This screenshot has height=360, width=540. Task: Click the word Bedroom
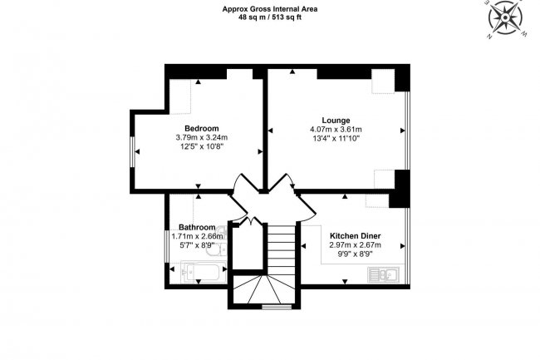tap(201, 128)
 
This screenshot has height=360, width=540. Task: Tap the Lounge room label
tap(336, 120)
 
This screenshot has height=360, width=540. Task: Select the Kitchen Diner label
tap(355, 235)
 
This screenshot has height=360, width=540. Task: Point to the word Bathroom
tap(197, 228)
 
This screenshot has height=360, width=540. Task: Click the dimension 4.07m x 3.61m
tap(336, 130)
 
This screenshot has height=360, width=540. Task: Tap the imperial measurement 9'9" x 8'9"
tap(355, 255)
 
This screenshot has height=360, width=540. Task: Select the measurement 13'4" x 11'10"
tap(336, 139)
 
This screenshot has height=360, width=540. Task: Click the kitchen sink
tap(385, 272)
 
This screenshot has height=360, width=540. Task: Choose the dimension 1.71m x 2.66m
tap(198, 237)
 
